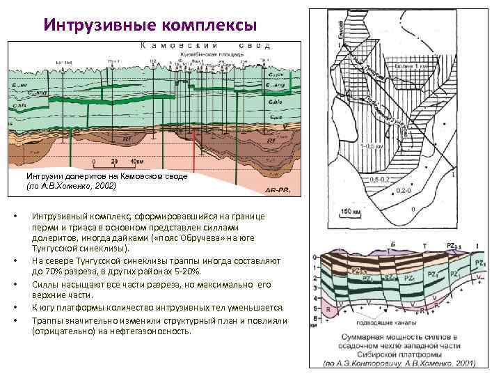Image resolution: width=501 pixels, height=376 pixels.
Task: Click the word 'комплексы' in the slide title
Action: [x=209, y=26]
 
